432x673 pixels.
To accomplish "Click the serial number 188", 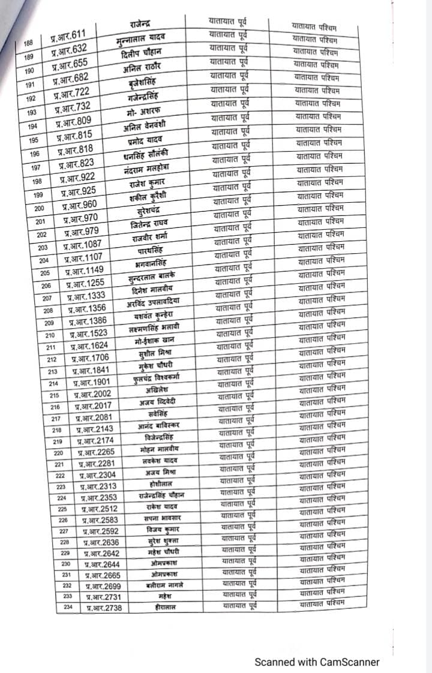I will coord(28,44).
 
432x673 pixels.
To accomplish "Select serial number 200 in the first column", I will coord(39,208).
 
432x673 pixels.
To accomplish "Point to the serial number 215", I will coord(53,396).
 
